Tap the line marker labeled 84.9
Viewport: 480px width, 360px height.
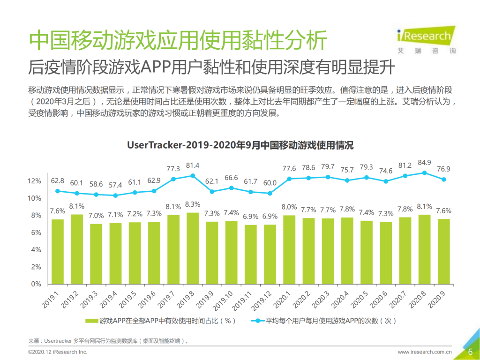tap(424, 172)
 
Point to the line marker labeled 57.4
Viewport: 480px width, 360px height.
tap(115, 195)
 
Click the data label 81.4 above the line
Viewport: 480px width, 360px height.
tap(192, 165)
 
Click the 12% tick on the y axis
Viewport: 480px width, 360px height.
tap(35, 181)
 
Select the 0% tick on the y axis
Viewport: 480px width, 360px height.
tap(37, 284)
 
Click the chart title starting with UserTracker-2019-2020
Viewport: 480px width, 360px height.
tap(240, 145)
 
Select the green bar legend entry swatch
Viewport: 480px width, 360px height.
tap(91, 321)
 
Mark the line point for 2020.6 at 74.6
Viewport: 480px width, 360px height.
tap(386, 181)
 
